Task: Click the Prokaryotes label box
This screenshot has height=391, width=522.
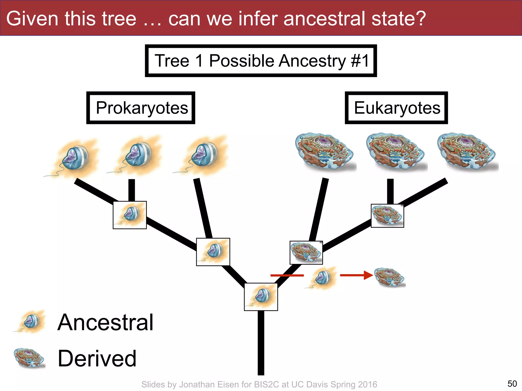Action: (141, 108)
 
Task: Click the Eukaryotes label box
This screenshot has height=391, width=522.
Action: (396, 108)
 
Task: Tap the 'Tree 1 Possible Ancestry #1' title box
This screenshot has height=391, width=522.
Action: (261, 61)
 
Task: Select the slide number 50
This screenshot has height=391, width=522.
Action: (512, 383)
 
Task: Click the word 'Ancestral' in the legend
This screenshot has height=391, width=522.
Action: (105, 322)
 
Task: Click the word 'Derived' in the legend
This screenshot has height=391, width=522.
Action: (97, 358)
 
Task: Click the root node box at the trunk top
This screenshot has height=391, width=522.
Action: (261, 297)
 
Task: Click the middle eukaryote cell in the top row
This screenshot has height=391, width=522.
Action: (396, 151)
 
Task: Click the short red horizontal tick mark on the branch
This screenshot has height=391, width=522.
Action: (287, 275)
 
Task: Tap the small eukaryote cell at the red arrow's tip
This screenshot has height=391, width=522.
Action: (390, 277)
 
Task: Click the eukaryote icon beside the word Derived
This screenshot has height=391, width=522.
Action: (29, 358)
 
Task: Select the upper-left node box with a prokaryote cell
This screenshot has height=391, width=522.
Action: (130, 215)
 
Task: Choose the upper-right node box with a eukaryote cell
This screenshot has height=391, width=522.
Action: (387, 216)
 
